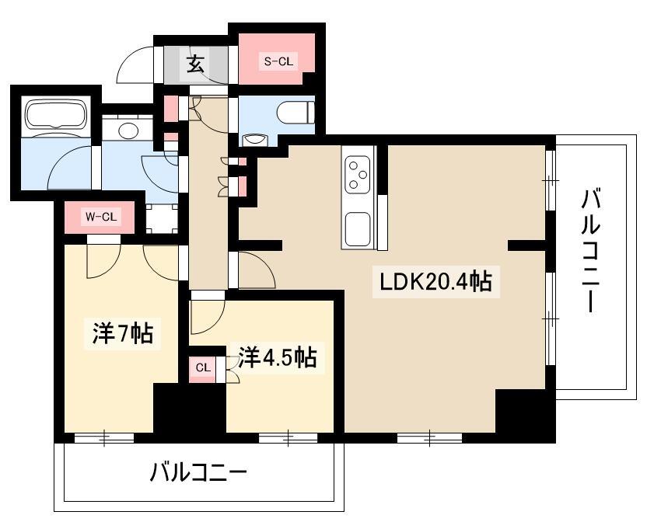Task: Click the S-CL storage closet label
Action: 278,61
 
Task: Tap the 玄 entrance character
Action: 196,64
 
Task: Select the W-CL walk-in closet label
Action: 100,217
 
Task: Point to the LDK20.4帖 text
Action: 435,281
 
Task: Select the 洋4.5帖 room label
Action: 277,357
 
